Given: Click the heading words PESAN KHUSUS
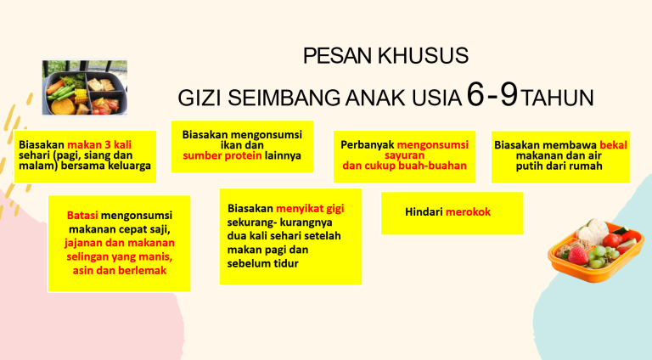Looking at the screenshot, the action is tap(386, 56).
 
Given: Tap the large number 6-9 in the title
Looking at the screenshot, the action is tap(492, 95).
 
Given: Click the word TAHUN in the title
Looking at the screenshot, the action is tap(557, 98).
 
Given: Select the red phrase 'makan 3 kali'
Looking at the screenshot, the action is tap(99, 144).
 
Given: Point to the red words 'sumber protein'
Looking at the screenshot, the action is tap(222, 156).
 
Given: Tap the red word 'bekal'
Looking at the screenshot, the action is tap(613, 145).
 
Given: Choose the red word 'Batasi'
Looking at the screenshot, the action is tap(82, 216).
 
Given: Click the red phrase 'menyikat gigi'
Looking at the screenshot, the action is tap(310, 208).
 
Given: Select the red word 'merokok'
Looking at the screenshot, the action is tap(469, 212).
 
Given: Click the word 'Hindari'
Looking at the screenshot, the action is tap(424, 212).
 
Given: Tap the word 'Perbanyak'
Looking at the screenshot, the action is tap(367, 145).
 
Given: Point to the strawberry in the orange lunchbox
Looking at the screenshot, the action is tap(577, 256).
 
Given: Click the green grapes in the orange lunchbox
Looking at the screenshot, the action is tap(601, 256).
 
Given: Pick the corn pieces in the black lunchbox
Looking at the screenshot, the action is tap(81, 96).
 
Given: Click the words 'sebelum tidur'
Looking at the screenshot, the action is tap(263, 263).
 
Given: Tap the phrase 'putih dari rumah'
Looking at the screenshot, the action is tap(559, 166).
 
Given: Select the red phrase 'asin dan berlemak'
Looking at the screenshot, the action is tap(120, 271).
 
